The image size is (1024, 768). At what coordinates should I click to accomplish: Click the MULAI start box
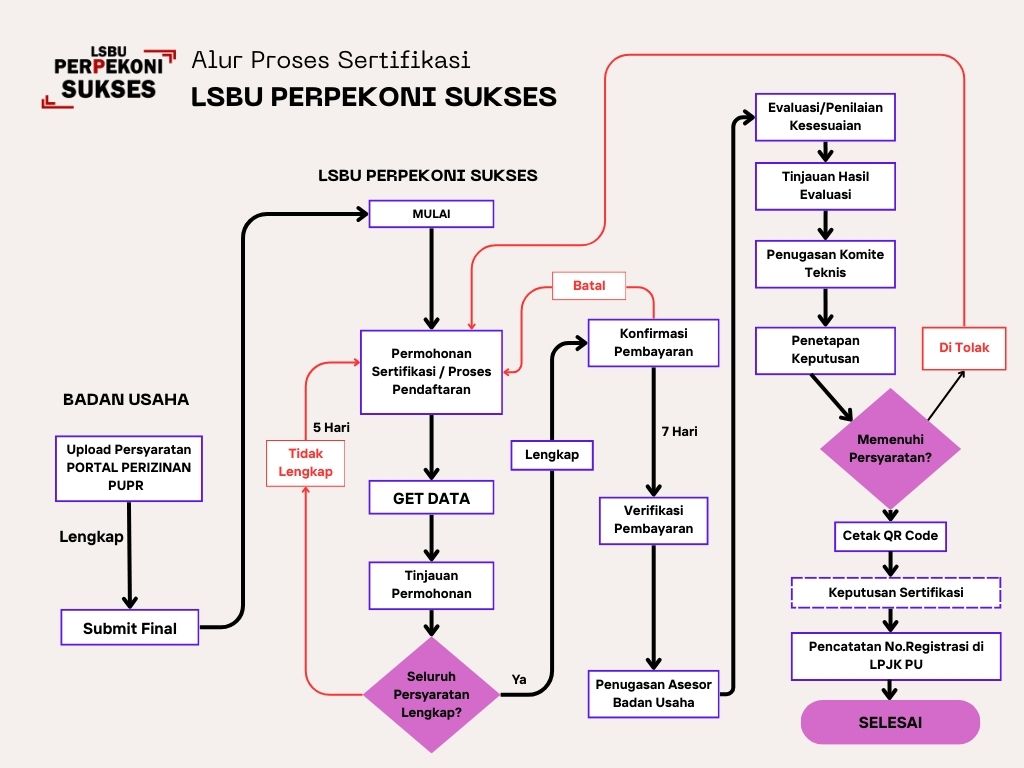(x=431, y=214)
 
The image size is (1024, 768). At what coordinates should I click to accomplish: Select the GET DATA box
(x=431, y=497)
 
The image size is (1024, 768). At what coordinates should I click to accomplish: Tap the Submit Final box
(x=130, y=628)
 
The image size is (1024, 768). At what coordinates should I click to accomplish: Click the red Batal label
(x=589, y=286)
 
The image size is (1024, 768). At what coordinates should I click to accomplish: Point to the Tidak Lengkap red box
(x=306, y=463)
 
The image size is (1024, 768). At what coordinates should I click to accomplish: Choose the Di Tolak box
(x=964, y=349)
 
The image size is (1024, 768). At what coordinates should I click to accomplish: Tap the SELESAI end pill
(x=890, y=722)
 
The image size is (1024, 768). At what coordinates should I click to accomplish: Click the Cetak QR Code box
(x=890, y=536)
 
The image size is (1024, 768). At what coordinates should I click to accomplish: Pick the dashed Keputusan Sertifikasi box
(x=896, y=592)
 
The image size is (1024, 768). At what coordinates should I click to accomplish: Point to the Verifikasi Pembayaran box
(x=654, y=520)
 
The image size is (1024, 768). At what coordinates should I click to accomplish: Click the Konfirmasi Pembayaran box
(x=654, y=343)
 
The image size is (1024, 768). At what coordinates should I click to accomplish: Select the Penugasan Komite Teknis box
(x=825, y=263)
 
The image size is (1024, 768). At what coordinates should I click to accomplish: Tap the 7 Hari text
(x=679, y=432)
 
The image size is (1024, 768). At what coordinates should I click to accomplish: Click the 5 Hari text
(x=331, y=427)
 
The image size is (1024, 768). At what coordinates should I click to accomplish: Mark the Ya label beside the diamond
(x=519, y=680)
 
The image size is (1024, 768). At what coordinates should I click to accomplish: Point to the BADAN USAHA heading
(x=126, y=399)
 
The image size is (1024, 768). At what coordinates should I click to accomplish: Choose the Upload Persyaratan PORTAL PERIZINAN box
(x=129, y=467)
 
